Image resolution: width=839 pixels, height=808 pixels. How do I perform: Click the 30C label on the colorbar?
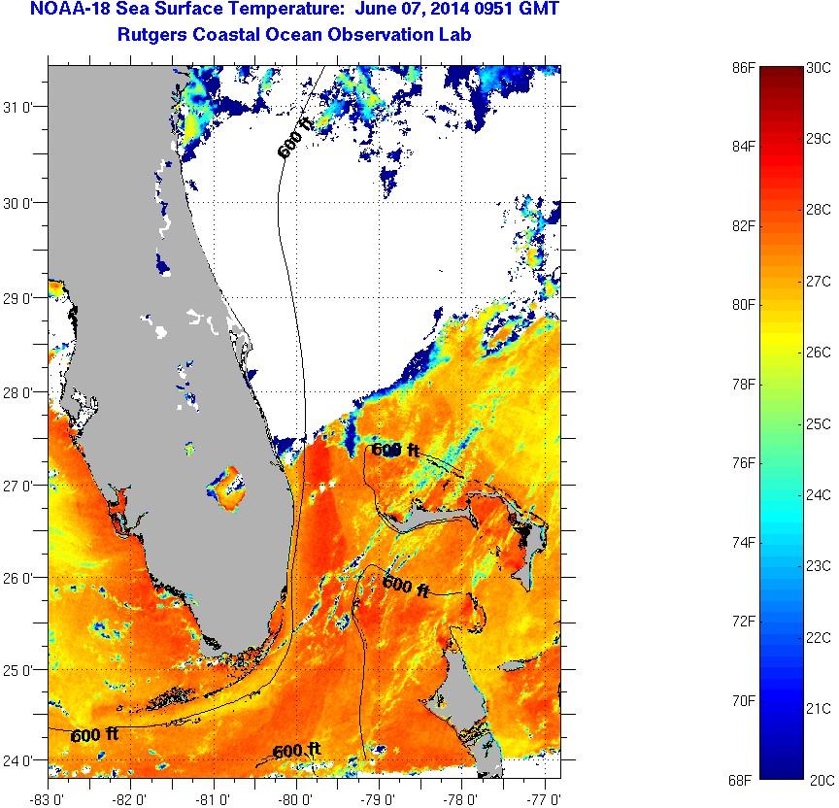pos(818,67)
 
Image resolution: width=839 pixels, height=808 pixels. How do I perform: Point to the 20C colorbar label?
pos(818,779)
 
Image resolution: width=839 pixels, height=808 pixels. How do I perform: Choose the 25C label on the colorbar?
pos(818,423)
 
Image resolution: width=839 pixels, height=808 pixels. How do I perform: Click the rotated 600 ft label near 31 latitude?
pos(295,137)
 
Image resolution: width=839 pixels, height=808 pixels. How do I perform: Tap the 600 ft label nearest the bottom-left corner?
pos(94,735)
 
